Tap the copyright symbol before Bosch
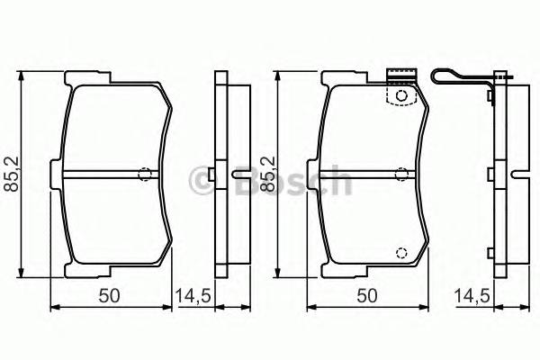click(203, 182)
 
